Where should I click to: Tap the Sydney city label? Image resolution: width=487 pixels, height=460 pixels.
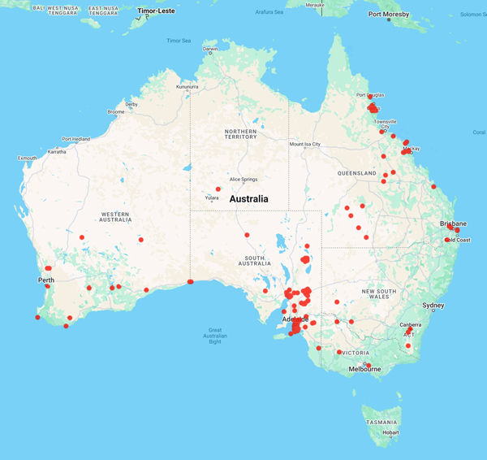pyautogui.click(x=433, y=306)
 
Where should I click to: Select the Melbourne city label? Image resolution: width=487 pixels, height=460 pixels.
pyautogui.click(x=364, y=369)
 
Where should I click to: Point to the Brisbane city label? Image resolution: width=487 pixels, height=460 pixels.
pyautogui.click(x=453, y=223)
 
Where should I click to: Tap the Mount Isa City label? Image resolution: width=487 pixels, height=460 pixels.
pyautogui.click(x=304, y=145)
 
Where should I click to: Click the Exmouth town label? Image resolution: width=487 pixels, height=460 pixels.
pyautogui.click(x=28, y=158)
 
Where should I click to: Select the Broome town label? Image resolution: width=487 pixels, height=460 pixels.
pyautogui.click(x=116, y=111)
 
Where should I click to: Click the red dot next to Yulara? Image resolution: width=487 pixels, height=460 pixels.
pyautogui.click(x=218, y=189)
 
